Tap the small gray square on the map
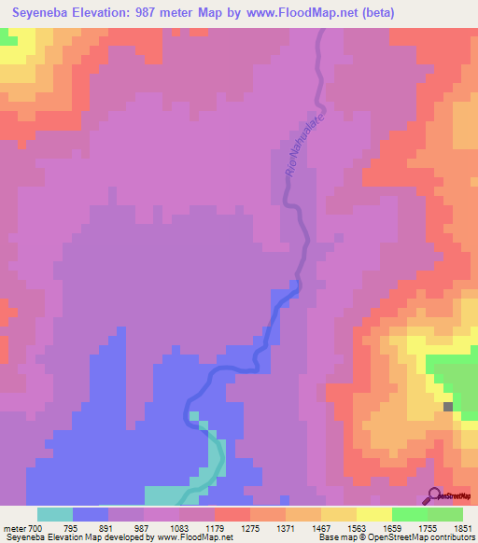click(x=449, y=407)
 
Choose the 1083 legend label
click(x=178, y=529)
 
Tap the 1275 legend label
click(x=249, y=529)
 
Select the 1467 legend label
click(x=320, y=529)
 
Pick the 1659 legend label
click(x=391, y=529)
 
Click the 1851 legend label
click(x=462, y=529)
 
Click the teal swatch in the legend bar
click(x=55, y=514)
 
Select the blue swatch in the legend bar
click(x=91, y=514)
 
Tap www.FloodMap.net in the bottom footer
click(x=191, y=538)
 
